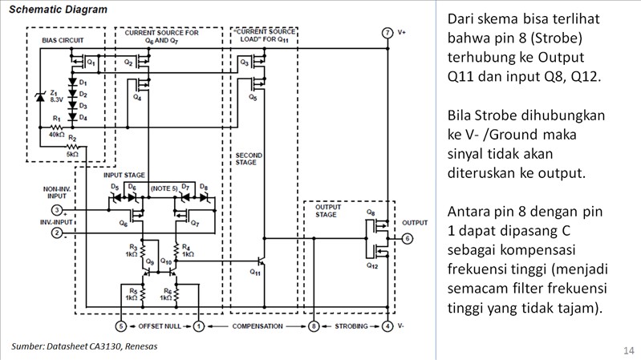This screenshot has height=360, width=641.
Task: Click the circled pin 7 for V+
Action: (387, 32)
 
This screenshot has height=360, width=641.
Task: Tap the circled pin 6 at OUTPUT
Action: (408, 238)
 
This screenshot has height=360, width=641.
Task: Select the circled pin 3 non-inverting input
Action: (57, 210)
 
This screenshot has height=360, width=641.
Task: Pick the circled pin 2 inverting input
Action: (57, 233)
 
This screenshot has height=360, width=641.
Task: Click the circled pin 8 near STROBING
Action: (314, 326)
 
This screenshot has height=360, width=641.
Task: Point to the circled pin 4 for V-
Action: (387, 326)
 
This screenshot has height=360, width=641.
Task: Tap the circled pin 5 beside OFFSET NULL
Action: (121, 326)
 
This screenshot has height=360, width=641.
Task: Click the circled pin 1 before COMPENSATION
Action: (199, 326)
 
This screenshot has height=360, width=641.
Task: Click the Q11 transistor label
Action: (255, 272)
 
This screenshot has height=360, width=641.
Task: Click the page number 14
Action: (627, 350)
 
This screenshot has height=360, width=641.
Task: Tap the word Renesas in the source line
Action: (139, 346)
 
